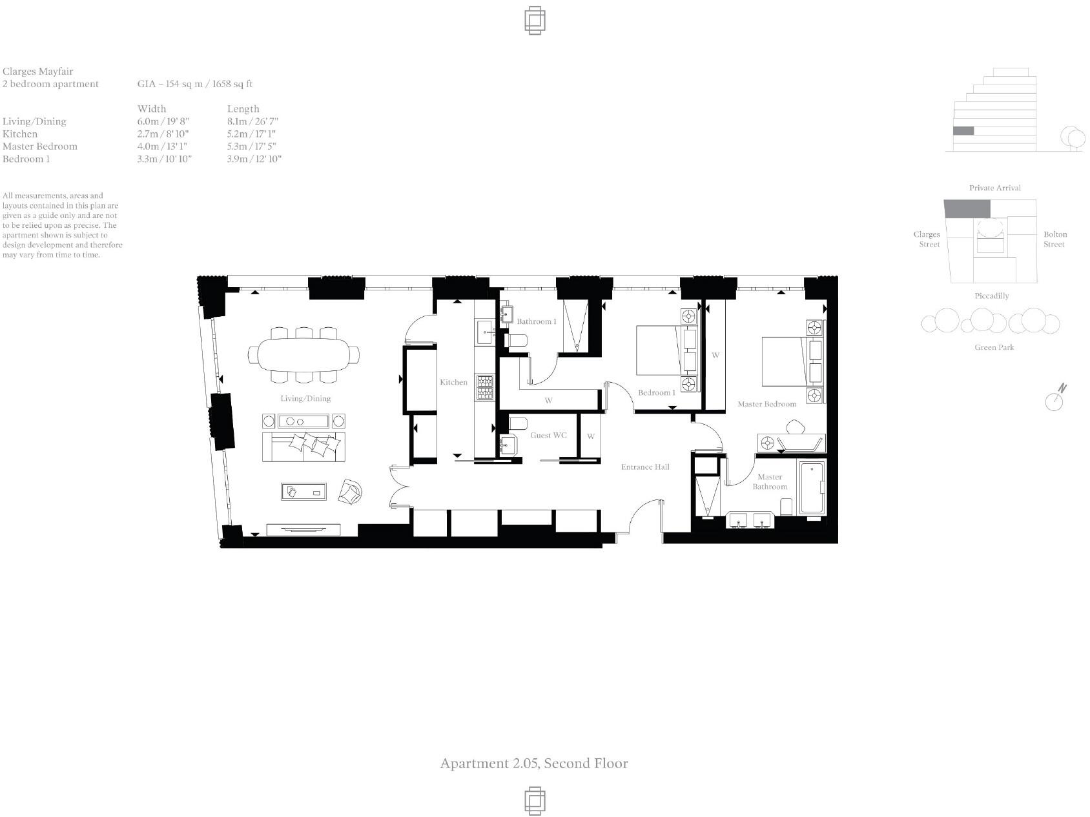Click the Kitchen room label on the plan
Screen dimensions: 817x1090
tap(453, 382)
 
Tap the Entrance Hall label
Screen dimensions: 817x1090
tap(644, 467)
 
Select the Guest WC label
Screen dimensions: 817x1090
tap(548, 435)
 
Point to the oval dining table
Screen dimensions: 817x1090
tap(303, 354)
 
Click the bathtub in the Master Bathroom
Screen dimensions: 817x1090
tap(812, 488)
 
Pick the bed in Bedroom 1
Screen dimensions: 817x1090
tap(665, 350)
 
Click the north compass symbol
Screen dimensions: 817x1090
tap(1055, 398)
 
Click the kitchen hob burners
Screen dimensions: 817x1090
tap(485, 387)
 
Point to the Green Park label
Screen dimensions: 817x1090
tap(994, 347)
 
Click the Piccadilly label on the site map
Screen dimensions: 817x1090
tap(991, 296)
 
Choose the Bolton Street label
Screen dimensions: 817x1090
tap(1054, 239)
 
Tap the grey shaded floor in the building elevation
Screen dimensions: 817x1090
tap(963, 131)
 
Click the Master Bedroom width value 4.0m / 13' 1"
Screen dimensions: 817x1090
tap(161, 146)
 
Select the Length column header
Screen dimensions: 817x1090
tap(243, 108)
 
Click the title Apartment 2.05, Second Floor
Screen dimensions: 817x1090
tap(534, 763)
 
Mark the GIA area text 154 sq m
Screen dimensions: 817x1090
tap(194, 84)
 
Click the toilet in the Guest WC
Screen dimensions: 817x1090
tap(518, 423)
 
